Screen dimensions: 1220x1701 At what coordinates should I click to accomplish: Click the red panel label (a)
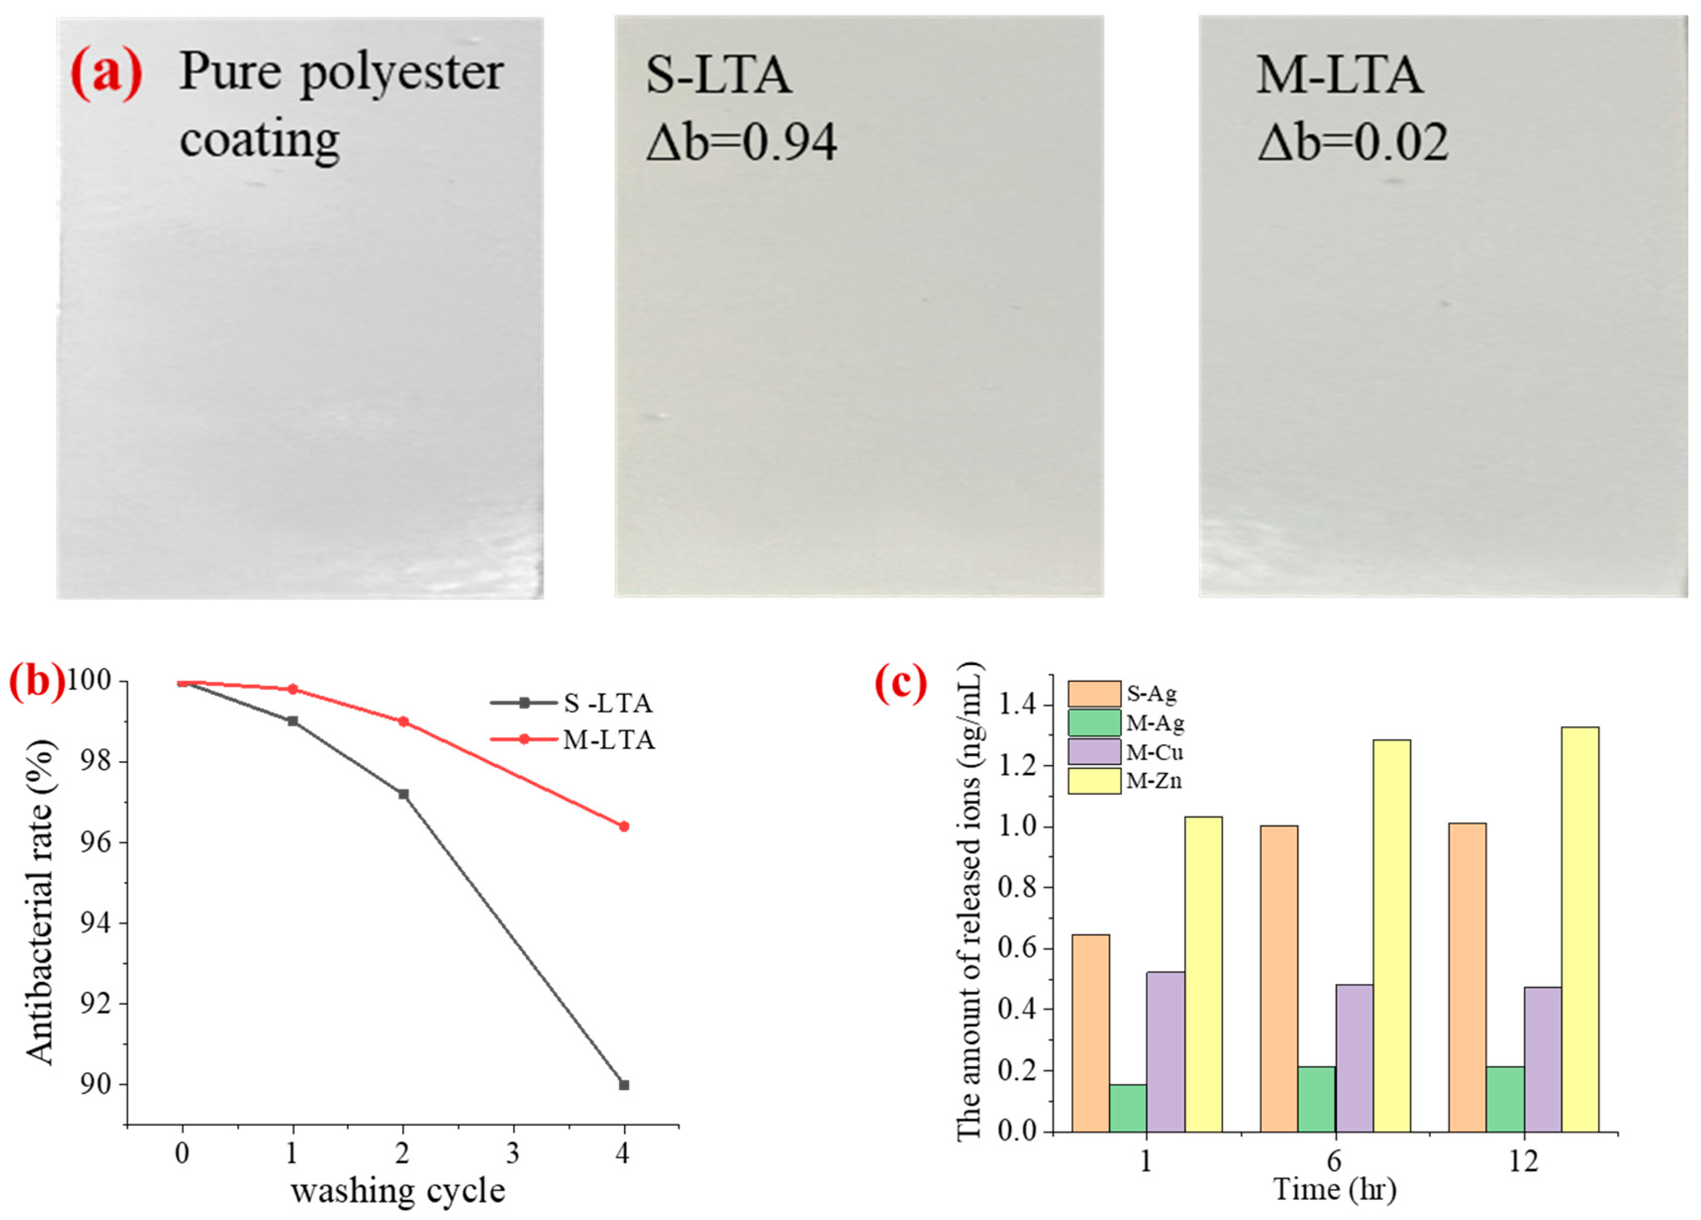[x=106, y=75]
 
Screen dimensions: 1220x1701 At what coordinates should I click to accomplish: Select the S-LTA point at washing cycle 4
[x=623, y=1085]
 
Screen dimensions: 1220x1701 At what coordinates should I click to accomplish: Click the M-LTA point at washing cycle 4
[x=623, y=826]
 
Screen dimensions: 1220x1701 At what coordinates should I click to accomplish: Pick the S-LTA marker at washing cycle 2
[x=403, y=794]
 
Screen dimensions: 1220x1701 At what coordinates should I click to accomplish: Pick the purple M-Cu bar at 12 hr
[x=1543, y=1059]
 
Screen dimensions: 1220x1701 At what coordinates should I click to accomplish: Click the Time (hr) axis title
[x=1335, y=1189]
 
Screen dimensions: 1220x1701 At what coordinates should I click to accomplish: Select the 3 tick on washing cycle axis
[x=513, y=1153]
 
